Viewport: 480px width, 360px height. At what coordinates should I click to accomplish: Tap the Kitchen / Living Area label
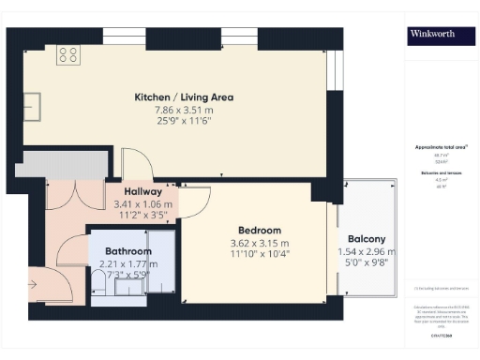pyautogui.click(x=183, y=97)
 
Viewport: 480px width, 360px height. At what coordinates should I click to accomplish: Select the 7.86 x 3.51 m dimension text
pyautogui.click(x=183, y=111)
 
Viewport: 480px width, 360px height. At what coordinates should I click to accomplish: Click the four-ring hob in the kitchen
pyautogui.click(x=67, y=55)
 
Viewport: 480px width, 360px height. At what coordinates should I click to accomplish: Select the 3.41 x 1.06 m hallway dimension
pyautogui.click(x=131, y=203)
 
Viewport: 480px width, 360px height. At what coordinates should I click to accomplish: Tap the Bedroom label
pyautogui.click(x=259, y=231)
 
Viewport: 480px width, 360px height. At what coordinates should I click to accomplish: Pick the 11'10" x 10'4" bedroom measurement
pyautogui.click(x=259, y=254)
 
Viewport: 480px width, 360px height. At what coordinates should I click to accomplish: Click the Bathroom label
pyautogui.click(x=128, y=252)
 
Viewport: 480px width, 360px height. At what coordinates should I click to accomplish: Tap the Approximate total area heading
pyautogui.click(x=442, y=148)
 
